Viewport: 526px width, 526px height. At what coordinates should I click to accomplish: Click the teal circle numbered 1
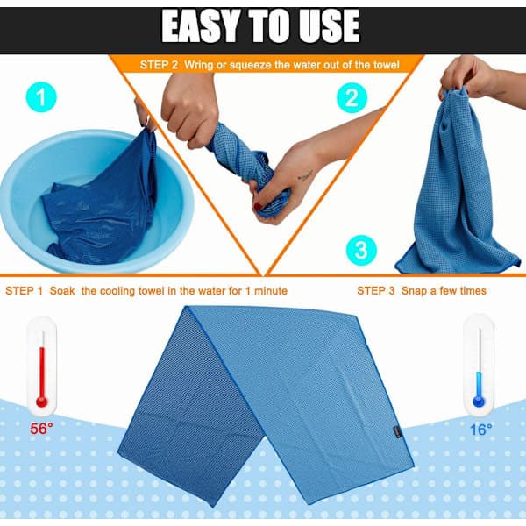click(41, 97)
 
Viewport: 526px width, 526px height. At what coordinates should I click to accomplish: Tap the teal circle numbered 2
click(352, 98)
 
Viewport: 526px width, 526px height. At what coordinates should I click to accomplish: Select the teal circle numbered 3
click(361, 250)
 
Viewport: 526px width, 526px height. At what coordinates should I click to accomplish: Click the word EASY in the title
click(202, 26)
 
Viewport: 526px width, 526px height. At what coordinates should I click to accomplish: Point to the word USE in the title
click(330, 26)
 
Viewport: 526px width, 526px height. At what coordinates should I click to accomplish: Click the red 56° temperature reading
click(41, 429)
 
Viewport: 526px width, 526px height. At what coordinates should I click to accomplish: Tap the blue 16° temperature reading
click(481, 430)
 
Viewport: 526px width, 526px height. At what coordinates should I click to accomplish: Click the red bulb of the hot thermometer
click(41, 402)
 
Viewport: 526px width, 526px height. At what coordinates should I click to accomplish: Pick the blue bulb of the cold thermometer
click(479, 402)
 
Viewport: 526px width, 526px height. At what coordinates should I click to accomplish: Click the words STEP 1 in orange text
click(25, 291)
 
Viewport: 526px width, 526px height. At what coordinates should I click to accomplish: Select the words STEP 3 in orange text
click(376, 290)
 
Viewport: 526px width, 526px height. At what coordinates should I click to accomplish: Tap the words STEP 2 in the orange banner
click(159, 65)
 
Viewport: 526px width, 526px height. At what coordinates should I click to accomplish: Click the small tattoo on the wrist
click(305, 175)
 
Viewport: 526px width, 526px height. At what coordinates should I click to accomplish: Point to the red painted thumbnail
click(257, 206)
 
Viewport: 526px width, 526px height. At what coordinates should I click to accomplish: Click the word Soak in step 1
click(62, 291)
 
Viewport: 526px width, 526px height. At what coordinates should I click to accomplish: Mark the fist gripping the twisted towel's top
click(190, 110)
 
